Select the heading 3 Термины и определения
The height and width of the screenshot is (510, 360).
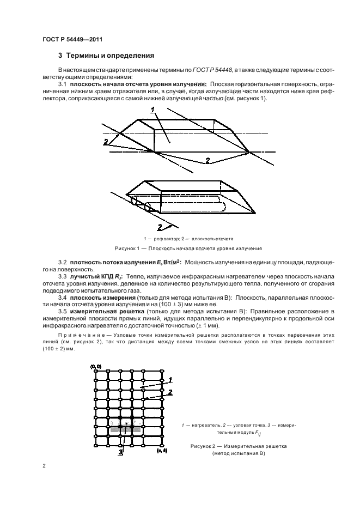click(106, 56)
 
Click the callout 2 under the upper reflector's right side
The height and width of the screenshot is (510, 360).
click(207, 159)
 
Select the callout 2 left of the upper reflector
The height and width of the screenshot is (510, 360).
click(105, 141)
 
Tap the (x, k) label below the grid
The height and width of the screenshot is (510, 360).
click(161, 451)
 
